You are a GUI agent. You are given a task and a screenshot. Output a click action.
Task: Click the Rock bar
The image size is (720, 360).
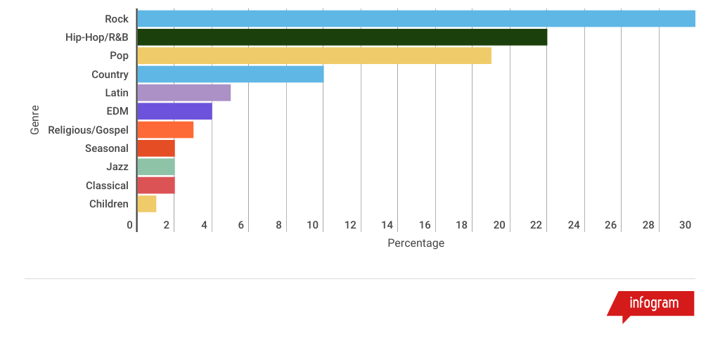coord(416,19)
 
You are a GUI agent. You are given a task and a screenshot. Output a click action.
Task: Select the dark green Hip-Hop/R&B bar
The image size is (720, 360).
coord(342,37)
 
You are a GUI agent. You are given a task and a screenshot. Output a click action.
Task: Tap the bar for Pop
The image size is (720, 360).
coord(314,56)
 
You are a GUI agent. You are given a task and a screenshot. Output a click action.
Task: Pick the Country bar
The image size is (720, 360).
coord(231,74)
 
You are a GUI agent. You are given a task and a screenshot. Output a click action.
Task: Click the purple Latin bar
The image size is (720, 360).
coord(184,93)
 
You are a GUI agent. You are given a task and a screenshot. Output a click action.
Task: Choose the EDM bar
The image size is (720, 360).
coord(174,111)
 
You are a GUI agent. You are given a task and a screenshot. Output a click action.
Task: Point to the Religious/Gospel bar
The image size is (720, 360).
coord(165,129)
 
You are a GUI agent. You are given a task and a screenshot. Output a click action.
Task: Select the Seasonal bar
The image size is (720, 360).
coord(156,148)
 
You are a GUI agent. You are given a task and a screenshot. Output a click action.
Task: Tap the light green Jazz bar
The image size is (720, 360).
coord(156,167)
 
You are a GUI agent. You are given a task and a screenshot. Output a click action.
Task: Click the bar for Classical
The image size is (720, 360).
coord(156,185)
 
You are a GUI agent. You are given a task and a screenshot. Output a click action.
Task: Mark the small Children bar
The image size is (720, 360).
coord(147,204)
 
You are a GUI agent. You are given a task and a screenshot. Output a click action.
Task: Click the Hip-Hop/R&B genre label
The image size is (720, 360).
coord(97,37)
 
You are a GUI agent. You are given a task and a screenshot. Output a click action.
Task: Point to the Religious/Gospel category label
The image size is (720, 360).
coord(88,130)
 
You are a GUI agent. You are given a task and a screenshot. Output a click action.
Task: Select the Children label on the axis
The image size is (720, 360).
coord(109,204)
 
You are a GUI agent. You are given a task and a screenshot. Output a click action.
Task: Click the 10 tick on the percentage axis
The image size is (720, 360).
coord(313,225)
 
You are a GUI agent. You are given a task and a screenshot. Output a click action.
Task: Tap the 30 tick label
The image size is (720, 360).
coord(686,225)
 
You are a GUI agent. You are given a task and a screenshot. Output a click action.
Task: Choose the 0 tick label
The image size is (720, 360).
coord(130,225)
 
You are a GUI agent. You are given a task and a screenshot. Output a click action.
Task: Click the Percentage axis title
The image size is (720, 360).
coord(416,243)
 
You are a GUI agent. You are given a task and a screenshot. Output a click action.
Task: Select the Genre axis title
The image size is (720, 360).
coord(34,120)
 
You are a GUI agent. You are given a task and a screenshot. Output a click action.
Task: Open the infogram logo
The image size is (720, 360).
coord(653,304)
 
